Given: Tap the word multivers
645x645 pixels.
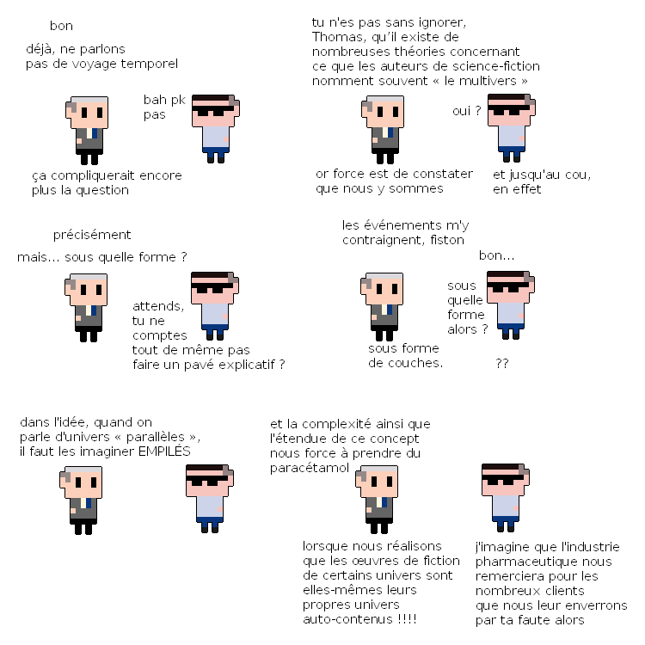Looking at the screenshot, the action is [x=488, y=81].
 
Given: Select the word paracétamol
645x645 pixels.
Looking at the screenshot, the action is [x=310, y=468].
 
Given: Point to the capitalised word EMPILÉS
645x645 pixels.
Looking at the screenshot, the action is [x=164, y=451].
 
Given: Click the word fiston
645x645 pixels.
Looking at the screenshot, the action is [x=447, y=240].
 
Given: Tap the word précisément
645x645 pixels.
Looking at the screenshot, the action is [x=92, y=235].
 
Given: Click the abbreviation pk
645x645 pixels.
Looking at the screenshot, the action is [x=178, y=101].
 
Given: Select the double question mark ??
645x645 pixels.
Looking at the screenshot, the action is [x=502, y=363].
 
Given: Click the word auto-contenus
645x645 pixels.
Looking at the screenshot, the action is [x=347, y=618].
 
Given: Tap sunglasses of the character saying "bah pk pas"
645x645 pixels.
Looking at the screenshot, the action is [x=212, y=110].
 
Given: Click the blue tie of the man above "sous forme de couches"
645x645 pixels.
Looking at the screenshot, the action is [x=390, y=310].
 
